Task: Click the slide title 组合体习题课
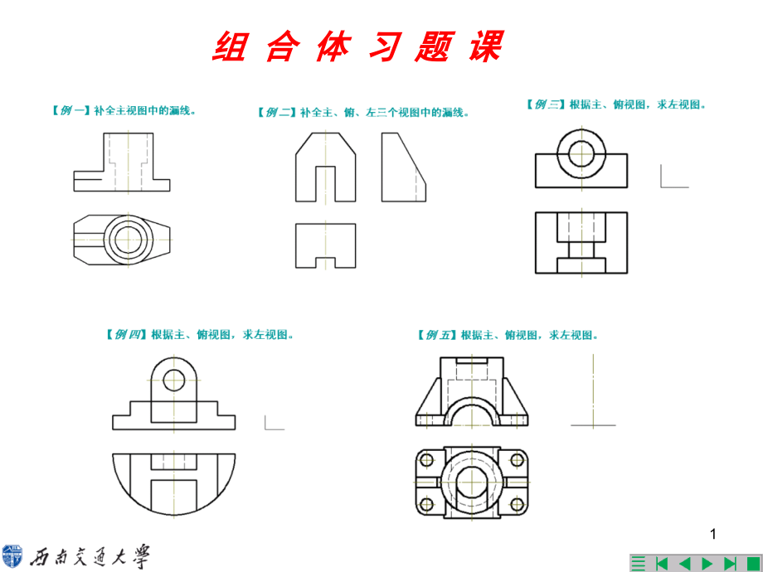click(357, 47)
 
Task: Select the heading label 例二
click(277, 112)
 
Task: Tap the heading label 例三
click(546, 104)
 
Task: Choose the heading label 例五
click(437, 335)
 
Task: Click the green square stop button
click(751, 564)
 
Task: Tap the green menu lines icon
click(638, 564)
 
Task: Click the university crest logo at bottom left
click(13, 557)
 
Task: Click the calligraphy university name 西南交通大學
click(91, 558)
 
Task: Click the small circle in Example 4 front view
click(174, 381)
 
